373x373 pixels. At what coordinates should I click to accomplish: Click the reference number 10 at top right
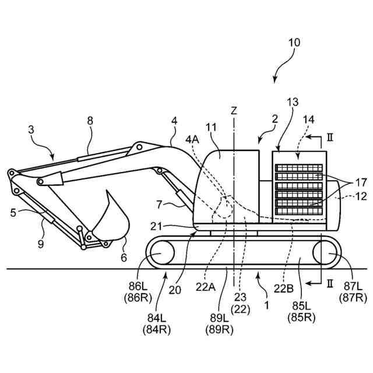(294, 43)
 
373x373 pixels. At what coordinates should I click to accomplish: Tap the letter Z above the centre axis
(234, 110)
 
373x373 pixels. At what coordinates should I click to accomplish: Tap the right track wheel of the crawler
(326, 255)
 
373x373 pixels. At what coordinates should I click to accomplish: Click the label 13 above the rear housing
(292, 101)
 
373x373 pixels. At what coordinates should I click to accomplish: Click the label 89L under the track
(219, 318)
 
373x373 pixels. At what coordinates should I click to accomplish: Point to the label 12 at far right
(361, 196)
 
